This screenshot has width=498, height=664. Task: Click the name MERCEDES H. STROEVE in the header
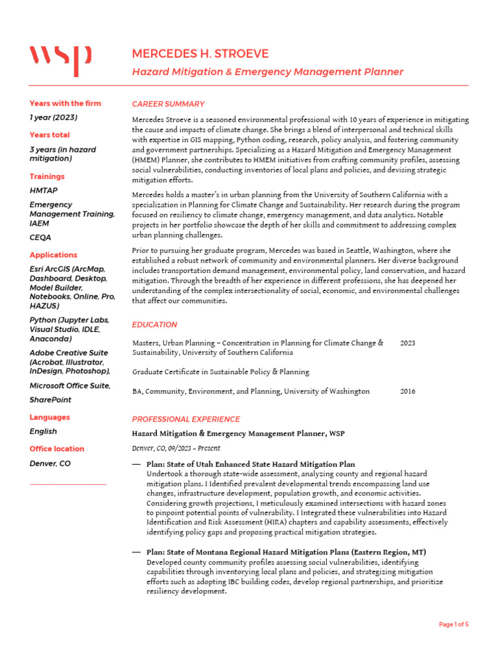pyautogui.click(x=200, y=54)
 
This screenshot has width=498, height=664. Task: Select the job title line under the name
pyautogui.click(x=267, y=72)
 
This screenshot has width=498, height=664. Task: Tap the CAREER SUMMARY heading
pyautogui.click(x=168, y=104)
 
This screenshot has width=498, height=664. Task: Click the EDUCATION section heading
pyautogui.click(x=154, y=325)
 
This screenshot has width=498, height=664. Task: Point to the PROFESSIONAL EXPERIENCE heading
pyautogui.click(x=185, y=420)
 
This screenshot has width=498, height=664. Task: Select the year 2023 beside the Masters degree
pyautogui.click(x=408, y=343)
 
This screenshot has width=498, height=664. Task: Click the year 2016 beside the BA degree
pyautogui.click(x=408, y=392)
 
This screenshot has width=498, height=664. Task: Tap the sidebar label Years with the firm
pyautogui.click(x=65, y=104)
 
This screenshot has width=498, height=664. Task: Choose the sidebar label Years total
pyautogui.click(x=49, y=135)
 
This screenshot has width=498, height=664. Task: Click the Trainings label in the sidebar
pyautogui.click(x=47, y=176)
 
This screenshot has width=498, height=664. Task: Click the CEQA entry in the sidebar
pyautogui.click(x=40, y=238)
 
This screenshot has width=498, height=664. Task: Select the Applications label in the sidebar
pyautogui.click(x=53, y=255)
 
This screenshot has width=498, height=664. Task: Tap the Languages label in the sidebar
pyautogui.click(x=49, y=418)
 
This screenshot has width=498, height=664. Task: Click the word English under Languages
pyautogui.click(x=43, y=432)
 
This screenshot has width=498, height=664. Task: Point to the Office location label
pyautogui.click(x=56, y=449)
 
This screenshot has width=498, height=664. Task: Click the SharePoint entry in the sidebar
pyautogui.click(x=51, y=400)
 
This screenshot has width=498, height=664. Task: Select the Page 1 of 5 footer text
pyautogui.click(x=453, y=624)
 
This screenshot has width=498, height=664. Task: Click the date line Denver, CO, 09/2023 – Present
pyautogui.click(x=176, y=448)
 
